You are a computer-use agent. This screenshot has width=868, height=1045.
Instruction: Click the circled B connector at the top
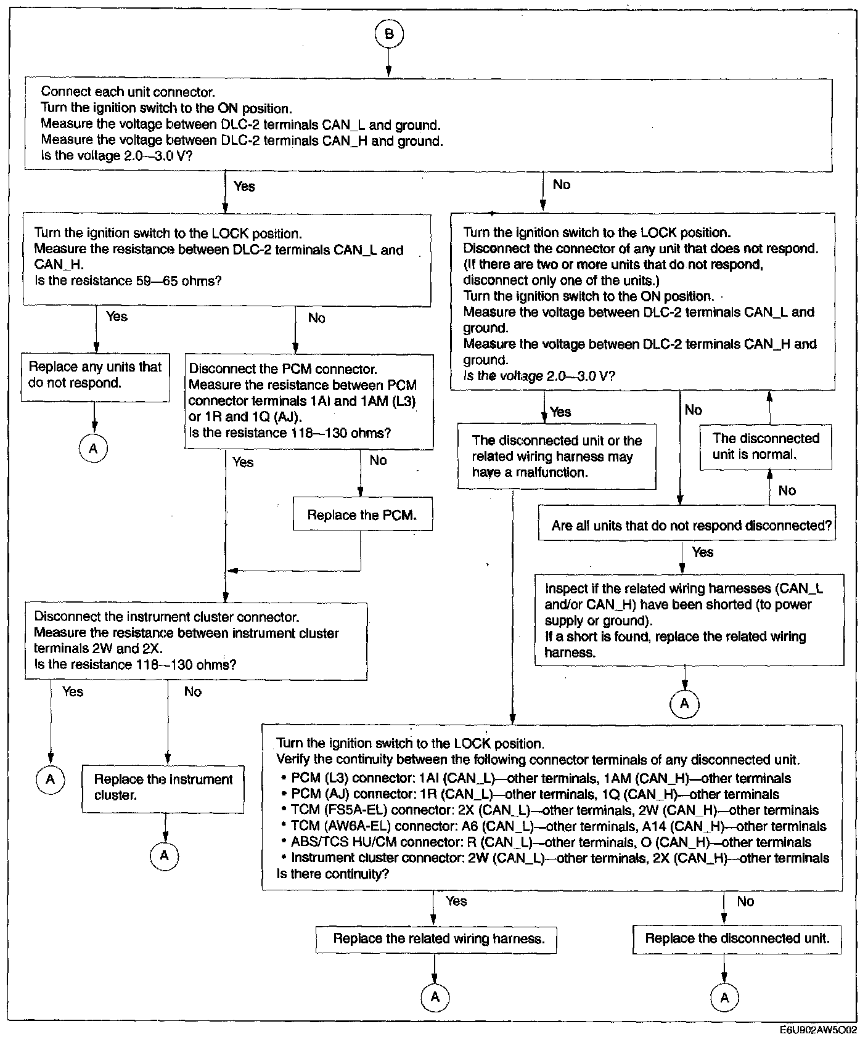388,34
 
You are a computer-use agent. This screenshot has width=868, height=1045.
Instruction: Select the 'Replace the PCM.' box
362,514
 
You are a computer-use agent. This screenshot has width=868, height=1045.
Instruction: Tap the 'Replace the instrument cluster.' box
163,787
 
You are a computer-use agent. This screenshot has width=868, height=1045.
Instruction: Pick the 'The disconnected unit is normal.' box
766,447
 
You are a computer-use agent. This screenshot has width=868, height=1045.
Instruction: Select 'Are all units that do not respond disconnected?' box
687,526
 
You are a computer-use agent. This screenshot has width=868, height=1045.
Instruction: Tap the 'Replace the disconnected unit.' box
737,938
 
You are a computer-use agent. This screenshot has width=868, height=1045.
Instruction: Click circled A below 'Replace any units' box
93,449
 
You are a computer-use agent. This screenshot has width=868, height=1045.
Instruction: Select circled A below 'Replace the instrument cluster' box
164,855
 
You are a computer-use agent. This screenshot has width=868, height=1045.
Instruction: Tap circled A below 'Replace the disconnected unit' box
724,997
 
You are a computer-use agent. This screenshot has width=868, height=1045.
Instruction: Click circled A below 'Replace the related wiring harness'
435,997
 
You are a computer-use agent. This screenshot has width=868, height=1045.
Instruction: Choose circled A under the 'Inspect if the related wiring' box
684,703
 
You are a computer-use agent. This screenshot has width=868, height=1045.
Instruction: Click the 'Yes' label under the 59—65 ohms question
117,317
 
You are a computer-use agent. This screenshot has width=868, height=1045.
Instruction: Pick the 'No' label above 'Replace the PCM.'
378,461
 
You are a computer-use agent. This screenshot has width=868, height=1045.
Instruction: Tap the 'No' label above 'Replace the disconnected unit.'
745,901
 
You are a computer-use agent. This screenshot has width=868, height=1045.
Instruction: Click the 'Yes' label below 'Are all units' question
703,553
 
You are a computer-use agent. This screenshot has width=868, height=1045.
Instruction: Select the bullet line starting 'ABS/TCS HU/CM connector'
551,842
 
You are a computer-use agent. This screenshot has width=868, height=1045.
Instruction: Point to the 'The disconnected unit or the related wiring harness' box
557,457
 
